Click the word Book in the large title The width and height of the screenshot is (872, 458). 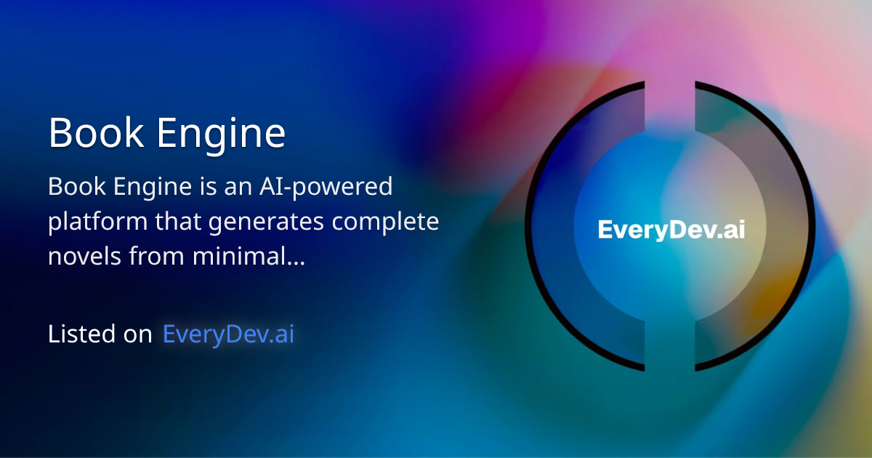pos(91,134)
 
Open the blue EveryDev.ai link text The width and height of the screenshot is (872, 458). pos(228,334)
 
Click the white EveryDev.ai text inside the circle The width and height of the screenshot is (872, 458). pos(671,230)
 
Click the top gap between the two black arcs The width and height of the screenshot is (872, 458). pos(670,87)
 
